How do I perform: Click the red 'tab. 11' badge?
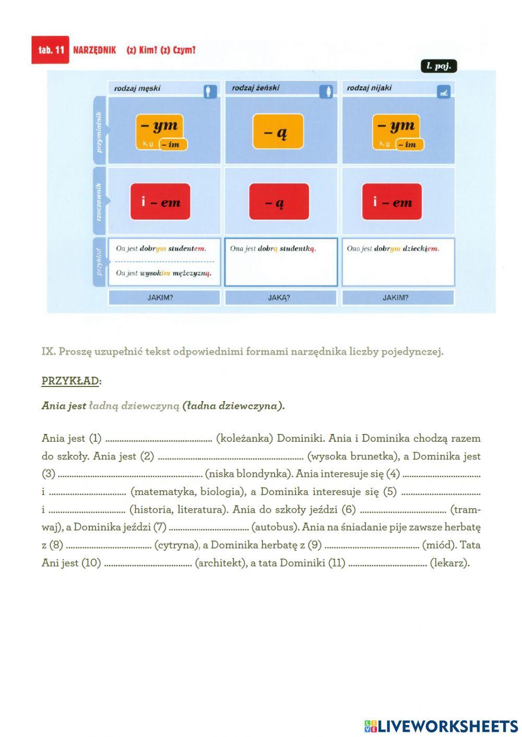(x=50, y=50)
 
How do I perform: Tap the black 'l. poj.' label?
(x=438, y=66)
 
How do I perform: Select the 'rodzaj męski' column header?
(x=137, y=88)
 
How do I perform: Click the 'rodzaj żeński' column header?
(x=255, y=88)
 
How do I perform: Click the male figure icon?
(x=210, y=92)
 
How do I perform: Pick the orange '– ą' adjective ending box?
(x=278, y=131)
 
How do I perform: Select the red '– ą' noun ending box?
(x=279, y=202)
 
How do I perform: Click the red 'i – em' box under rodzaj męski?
(x=160, y=202)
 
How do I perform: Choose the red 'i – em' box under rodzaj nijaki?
(x=392, y=202)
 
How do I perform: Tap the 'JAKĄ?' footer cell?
(x=279, y=298)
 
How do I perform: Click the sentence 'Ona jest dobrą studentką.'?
(x=273, y=249)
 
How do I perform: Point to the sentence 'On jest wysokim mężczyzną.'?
(x=163, y=273)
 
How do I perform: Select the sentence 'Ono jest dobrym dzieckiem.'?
(x=393, y=249)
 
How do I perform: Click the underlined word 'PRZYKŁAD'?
(x=70, y=381)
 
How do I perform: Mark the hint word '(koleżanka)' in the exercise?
(x=244, y=438)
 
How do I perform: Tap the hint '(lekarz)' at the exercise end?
(x=449, y=563)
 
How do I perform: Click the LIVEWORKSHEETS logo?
(x=441, y=726)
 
